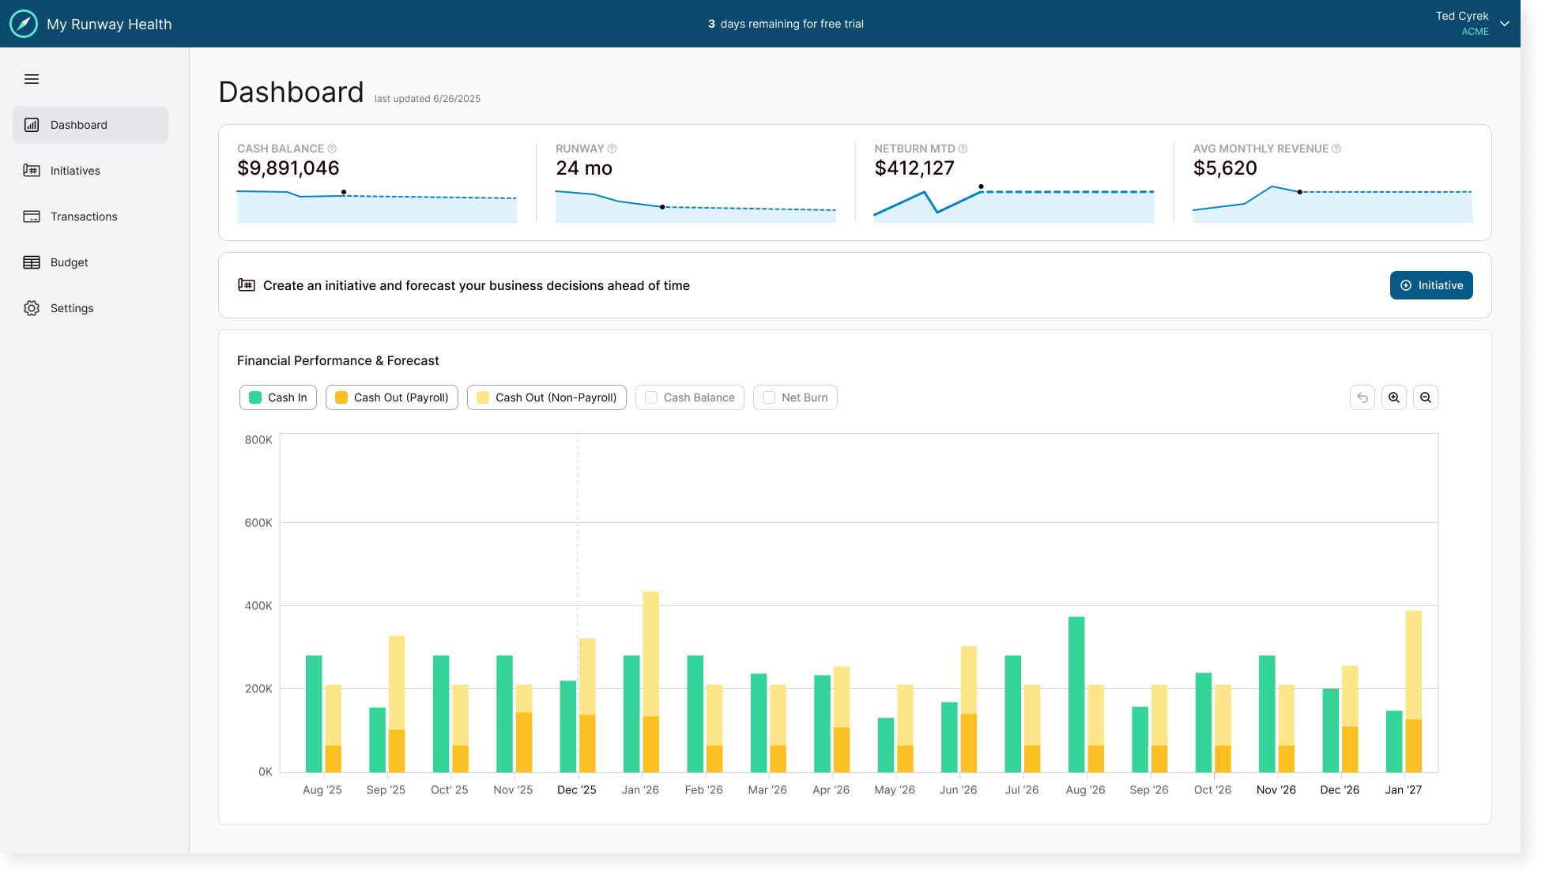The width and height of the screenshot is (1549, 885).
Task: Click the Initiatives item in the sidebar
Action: [x=75, y=171]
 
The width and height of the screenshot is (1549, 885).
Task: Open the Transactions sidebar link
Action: [x=84, y=217]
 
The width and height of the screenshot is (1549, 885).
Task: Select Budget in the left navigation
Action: [x=70, y=262]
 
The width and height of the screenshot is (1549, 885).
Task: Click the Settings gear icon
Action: [x=32, y=308]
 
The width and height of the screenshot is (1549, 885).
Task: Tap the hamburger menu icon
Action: [x=32, y=79]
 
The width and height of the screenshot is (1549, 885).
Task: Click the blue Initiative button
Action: [x=1430, y=285]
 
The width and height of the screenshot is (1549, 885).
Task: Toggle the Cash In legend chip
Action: [x=278, y=397]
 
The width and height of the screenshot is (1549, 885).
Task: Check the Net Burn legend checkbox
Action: [x=769, y=397]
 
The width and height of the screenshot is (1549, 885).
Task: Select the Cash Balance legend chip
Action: [x=690, y=397]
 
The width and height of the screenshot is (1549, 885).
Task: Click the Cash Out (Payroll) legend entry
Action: [x=392, y=397]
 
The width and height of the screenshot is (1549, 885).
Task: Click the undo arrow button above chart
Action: [x=1362, y=397]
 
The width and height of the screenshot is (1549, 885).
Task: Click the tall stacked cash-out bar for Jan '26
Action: [x=651, y=680]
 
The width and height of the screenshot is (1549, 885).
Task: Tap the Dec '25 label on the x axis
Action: [x=576, y=790]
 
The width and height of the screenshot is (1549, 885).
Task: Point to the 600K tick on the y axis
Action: [x=258, y=523]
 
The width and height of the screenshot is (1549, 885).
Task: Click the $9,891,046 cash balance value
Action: [x=288, y=168]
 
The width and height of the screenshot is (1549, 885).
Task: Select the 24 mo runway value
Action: [x=584, y=168]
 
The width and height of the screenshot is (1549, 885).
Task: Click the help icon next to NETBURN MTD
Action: [x=963, y=149]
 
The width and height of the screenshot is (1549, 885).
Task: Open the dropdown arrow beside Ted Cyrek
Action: [x=1505, y=24]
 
